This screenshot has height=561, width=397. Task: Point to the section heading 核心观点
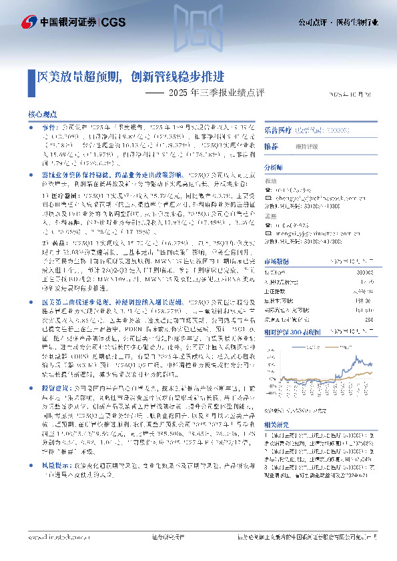click(x=41, y=115)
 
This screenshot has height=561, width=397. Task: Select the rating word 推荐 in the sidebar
click(x=270, y=146)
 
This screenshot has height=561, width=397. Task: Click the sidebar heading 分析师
click(x=274, y=168)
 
